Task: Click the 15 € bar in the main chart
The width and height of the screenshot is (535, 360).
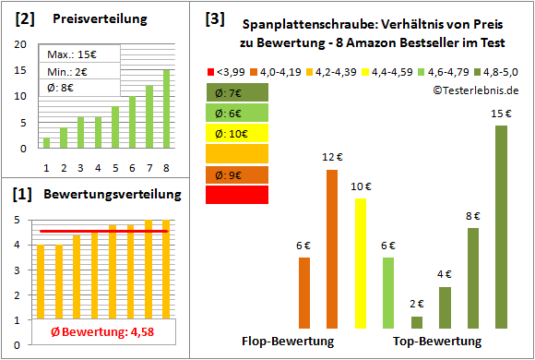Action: [x=501, y=227]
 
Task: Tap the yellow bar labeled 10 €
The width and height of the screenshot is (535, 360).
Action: [x=360, y=263]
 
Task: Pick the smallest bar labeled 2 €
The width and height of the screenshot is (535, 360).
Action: [x=417, y=322]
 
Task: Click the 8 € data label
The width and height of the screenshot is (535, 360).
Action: [x=472, y=216]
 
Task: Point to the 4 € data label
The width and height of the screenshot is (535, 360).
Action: [x=444, y=274]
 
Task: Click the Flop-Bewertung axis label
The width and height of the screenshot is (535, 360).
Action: [x=288, y=342]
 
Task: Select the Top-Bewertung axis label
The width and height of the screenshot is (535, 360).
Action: [x=437, y=342]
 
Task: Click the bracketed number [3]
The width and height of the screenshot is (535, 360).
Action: [x=214, y=18]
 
